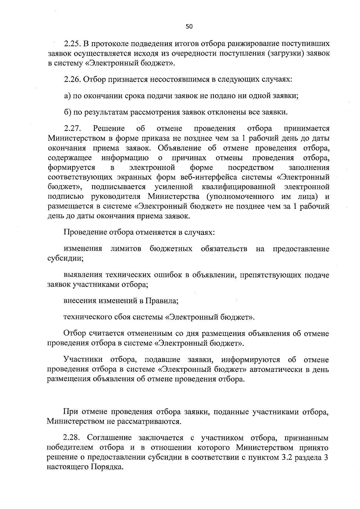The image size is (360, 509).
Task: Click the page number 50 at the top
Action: pyautogui.click(x=189, y=27)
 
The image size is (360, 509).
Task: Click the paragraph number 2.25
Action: pyautogui.click(x=72, y=44)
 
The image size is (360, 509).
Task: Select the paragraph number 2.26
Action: pyautogui.click(x=72, y=80)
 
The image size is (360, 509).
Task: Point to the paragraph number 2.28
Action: pyautogui.click(x=72, y=438)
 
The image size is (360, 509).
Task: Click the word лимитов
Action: pyautogui.click(x=126, y=249)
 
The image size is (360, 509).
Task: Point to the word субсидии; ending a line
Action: pyautogui.click(x=65, y=258)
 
